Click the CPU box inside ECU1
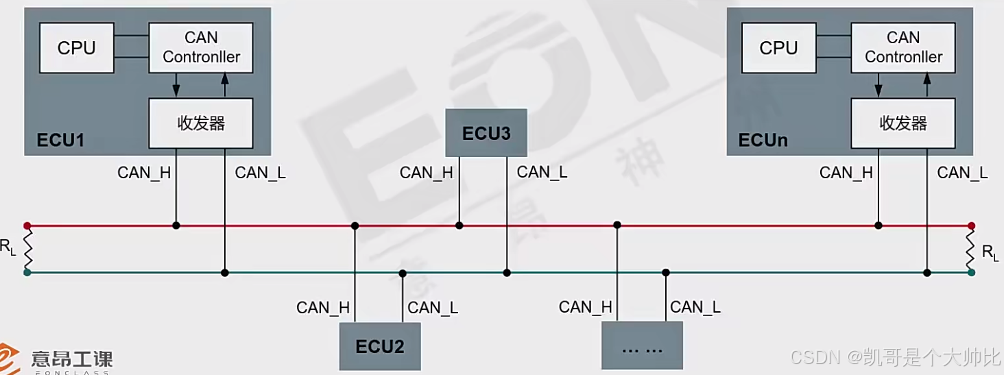point(77,48)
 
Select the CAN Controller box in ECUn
point(903,47)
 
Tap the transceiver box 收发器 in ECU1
point(201,123)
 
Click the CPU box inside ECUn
point(778,48)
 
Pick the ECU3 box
point(486,133)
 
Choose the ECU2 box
point(380,346)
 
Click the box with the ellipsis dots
point(642,346)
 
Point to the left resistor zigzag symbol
point(27,249)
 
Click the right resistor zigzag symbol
point(971,249)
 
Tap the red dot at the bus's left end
point(27,225)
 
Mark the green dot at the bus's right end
point(971,272)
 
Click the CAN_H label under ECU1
point(144,173)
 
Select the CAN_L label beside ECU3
point(542,172)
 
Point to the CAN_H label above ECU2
point(323,308)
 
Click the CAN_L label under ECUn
point(962,173)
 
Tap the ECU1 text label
point(60,141)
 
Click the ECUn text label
point(763,141)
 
